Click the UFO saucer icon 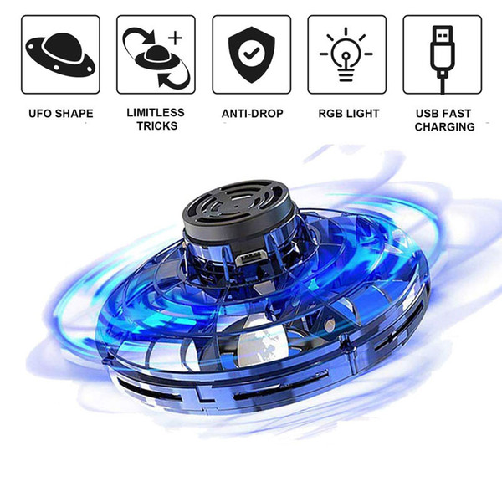(60, 54)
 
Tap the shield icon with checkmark (252, 54)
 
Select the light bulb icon (346, 54)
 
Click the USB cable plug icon (443, 59)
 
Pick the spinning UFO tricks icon (156, 58)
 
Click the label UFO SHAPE (61, 114)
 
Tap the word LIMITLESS (156, 112)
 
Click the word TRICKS (157, 125)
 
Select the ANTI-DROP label (253, 114)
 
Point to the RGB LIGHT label (349, 114)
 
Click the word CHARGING (445, 127)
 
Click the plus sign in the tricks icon (175, 38)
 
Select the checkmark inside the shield (252, 54)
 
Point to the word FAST (457, 114)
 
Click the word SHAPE (74, 114)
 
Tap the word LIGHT (363, 114)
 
